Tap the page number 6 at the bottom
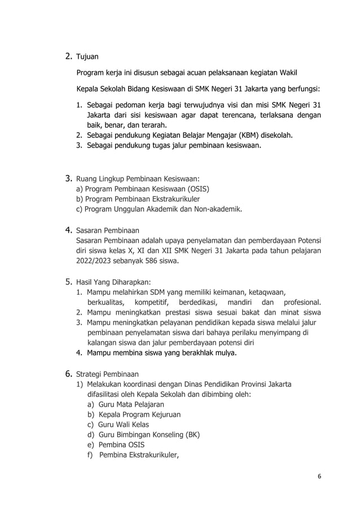[319, 476]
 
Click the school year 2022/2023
[95, 261]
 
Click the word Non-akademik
[216, 210]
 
